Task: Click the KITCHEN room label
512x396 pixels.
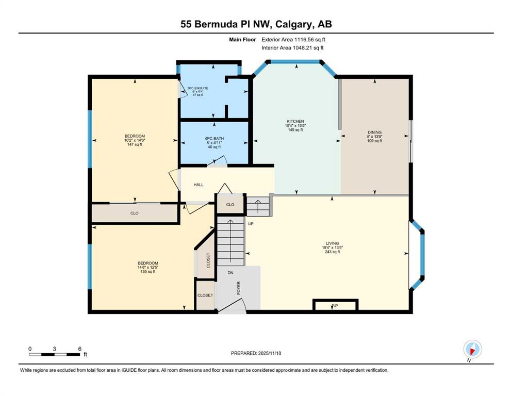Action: click(295, 121)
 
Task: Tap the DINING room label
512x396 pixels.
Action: click(374, 132)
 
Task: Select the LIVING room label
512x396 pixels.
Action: click(332, 243)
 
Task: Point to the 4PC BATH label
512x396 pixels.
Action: click(211, 138)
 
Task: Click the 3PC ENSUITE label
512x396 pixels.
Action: click(197, 88)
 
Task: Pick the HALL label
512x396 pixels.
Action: click(199, 185)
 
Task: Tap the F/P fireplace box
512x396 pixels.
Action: click(335, 306)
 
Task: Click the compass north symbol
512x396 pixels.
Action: click(472, 350)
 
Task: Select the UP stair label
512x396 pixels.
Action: click(251, 224)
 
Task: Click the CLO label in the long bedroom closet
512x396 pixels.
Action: click(134, 213)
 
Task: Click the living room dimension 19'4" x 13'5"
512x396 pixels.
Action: click(332, 247)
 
